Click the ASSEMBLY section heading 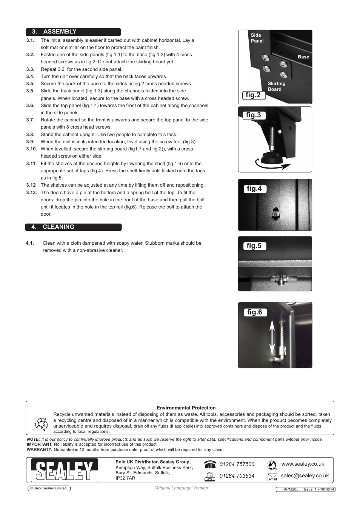[60, 32]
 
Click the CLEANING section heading [58, 227]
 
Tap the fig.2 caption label [253, 95]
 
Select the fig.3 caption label [253, 115]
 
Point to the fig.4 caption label [254, 189]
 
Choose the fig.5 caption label [254, 246]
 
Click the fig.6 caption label [254, 312]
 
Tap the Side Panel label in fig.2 [257, 38]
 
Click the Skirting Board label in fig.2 [276, 86]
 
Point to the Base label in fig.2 [303, 57]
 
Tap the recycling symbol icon [41, 424]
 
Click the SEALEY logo [65, 471]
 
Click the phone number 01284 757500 [237, 465]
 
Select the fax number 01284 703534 [237, 476]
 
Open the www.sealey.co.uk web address [303, 464]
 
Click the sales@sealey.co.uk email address [305, 476]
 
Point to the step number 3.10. [31, 149]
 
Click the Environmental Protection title [186, 408]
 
